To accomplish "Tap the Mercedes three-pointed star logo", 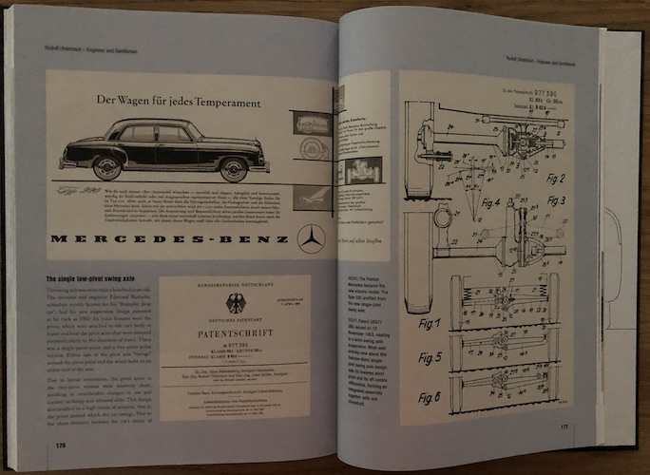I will point(310,239).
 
